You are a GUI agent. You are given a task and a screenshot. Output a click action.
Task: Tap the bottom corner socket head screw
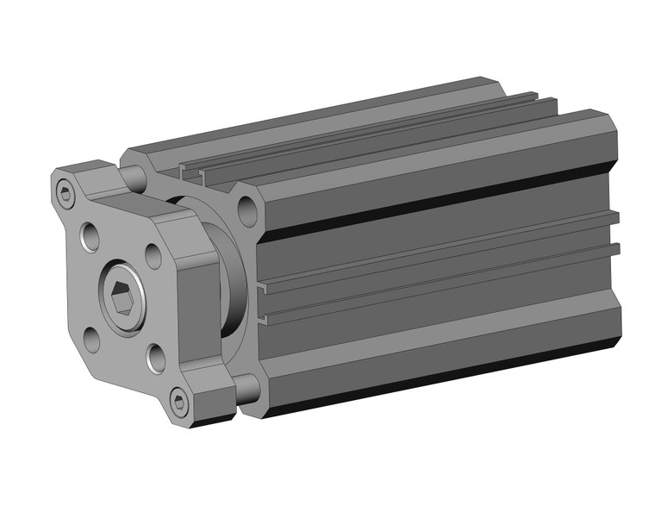pyautogui.click(x=178, y=399)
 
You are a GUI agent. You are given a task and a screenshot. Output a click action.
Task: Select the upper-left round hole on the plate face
pyautogui.click(x=90, y=233)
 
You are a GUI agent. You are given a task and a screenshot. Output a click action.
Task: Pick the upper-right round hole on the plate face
pyautogui.click(x=153, y=254)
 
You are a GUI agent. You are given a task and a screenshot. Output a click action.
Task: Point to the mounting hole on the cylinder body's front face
pyautogui.click(x=247, y=209)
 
